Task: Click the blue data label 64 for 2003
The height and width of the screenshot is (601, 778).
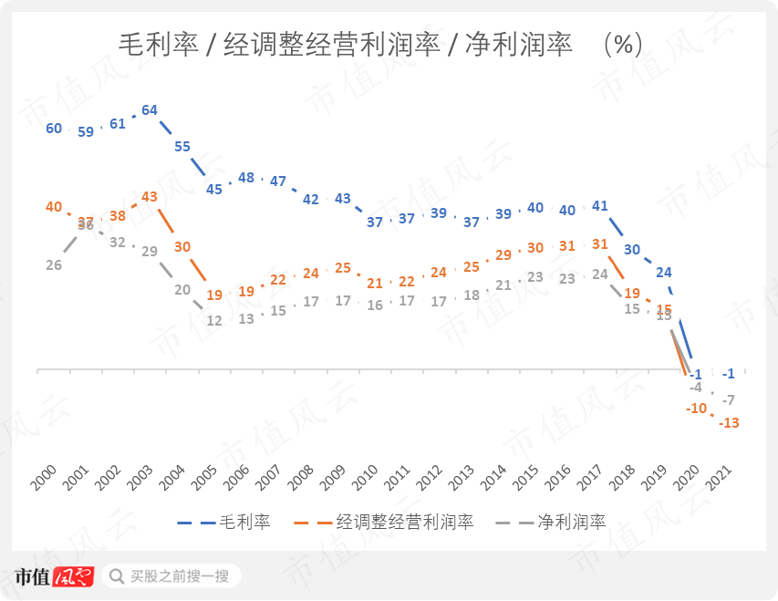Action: tap(150, 110)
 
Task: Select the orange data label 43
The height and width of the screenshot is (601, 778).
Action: tap(150, 196)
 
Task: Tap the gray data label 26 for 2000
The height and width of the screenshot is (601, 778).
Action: tap(54, 264)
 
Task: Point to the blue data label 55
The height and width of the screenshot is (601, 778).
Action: tap(182, 146)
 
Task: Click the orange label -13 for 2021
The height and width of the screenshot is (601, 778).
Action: tap(729, 422)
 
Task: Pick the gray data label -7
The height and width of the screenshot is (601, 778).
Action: tap(729, 399)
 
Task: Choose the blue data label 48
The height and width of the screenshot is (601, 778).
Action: tap(246, 178)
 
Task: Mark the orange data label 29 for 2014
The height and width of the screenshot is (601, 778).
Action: tap(503, 255)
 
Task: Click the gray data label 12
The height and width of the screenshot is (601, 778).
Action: tap(214, 320)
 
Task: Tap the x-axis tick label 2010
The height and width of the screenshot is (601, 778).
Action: tap(366, 475)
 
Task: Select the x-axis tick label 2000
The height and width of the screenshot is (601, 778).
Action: tap(45, 475)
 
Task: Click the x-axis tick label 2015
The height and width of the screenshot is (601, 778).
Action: tap(526, 475)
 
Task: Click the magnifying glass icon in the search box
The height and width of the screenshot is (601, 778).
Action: tap(117, 575)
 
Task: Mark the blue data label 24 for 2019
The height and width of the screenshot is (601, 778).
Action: tap(664, 272)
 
